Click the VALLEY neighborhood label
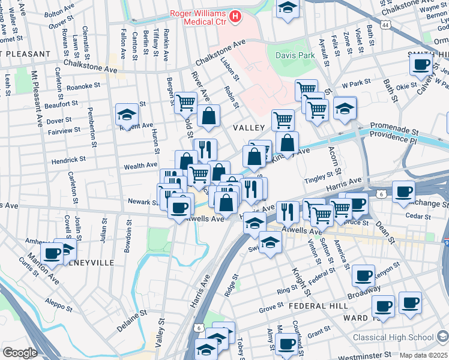[249, 128]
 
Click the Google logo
[20, 353]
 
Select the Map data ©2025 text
[424, 355]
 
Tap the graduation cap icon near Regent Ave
[127, 115]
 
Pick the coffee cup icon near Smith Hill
[422, 64]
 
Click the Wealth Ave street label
[140, 165]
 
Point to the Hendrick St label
[68, 160]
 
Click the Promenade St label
[394, 127]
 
